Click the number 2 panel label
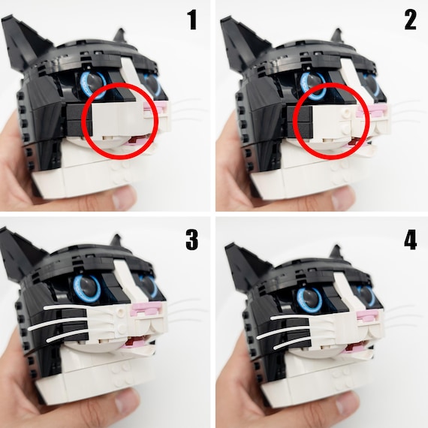409,20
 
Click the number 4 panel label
409,240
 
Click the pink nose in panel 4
367,316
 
